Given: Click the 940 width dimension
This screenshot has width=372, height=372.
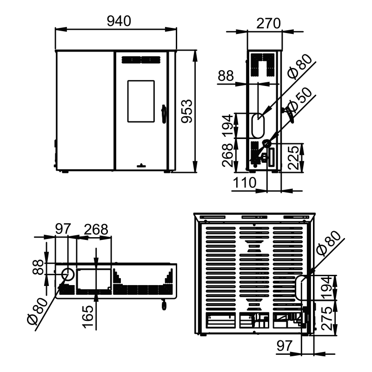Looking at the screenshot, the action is tap(119, 21).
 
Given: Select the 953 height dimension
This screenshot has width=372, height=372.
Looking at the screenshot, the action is tap(187, 111).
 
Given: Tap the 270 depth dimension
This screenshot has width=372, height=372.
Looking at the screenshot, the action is tap(269, 23).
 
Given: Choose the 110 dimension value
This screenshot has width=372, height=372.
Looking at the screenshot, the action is tap(245, 183).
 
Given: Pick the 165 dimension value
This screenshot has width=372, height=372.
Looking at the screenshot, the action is tap(88, 317).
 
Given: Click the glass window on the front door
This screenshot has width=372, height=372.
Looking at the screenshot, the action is tap(141, 101).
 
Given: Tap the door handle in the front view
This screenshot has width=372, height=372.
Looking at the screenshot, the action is tap(164, 114).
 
